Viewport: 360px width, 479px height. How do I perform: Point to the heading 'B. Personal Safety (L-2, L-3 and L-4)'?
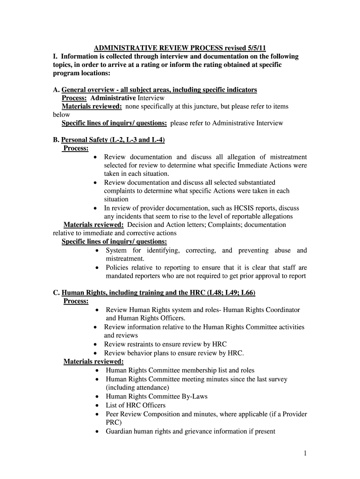coord(109,140)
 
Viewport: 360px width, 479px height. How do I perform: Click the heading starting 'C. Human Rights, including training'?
coord(154,293)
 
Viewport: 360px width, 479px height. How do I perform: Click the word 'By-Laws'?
coord(194,396)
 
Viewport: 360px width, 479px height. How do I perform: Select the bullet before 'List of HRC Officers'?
coord(96,405)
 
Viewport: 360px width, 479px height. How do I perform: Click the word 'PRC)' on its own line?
coord(114,422)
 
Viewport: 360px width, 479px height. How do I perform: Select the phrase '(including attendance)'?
coord(137,388)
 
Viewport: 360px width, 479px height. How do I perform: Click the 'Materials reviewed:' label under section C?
coord(94,362)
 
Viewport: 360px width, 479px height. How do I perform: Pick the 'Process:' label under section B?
coord(76,148)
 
